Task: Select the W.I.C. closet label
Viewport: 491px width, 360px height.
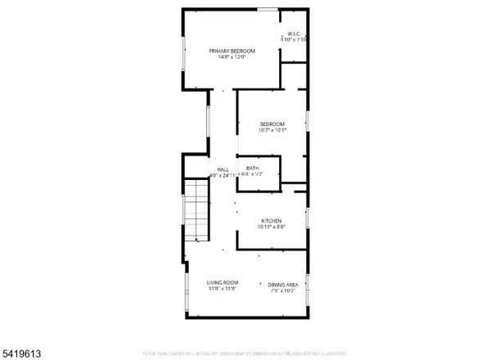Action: pyautogui.click(x=293, y=34)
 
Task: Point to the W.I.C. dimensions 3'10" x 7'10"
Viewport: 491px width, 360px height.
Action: pyautogui.click(x=293, y=39)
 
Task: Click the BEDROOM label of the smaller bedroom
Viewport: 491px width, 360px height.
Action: pyautogui.click(x=273, y=124)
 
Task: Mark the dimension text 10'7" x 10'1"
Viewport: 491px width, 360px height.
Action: pyautogui.click(x=273, y=130)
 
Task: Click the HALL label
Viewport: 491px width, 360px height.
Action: pyautogui.click(x=223, y=169)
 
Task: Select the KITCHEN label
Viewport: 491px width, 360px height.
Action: pyautogui.click(x=272, y=221)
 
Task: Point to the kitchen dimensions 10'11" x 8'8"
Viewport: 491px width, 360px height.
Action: pyautogui.click(x=272, y=227)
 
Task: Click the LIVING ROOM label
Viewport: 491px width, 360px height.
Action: pyautogui.click(x=221, y=281)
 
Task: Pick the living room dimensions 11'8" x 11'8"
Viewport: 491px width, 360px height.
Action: pyautogui.click(x=221, y=288)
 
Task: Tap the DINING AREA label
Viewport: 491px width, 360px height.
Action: pyautogui.click(x=282, y=284)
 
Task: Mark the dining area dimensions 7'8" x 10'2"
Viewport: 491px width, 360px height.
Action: pyautogui.click(x=282, y=290)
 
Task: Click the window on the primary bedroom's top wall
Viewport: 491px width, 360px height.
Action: pyautogui.click(x=266, y=9)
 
